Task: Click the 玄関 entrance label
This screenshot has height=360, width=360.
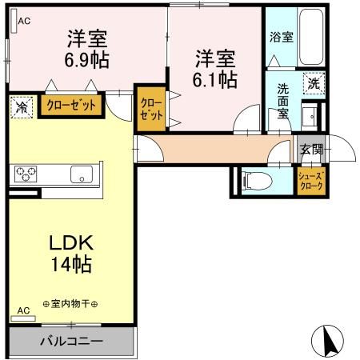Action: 312,148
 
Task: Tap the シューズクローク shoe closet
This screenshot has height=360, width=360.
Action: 310,181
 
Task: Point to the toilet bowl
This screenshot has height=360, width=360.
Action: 258,180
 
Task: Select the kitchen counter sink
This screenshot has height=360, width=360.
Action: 82,174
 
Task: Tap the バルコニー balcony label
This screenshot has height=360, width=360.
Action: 72,342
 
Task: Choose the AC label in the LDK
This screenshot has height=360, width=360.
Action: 23,310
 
